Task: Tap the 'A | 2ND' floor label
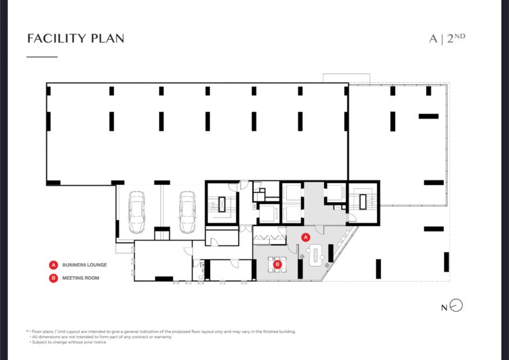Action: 447,38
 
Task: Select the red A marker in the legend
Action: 54,265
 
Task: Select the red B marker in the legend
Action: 54,278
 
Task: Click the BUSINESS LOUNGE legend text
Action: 84,265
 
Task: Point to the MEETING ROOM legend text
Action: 80,278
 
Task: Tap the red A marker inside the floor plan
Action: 305,237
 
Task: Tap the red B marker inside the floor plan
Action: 277,265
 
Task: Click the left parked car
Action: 137,212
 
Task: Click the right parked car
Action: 188,212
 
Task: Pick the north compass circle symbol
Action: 457,306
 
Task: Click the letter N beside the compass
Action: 444,308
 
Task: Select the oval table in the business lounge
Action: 315,256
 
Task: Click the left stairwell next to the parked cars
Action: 222,204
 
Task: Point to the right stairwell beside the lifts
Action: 363,202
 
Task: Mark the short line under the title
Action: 42,57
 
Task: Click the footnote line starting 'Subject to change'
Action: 68,342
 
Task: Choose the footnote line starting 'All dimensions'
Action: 101,337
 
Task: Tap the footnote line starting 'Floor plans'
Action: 161,331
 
